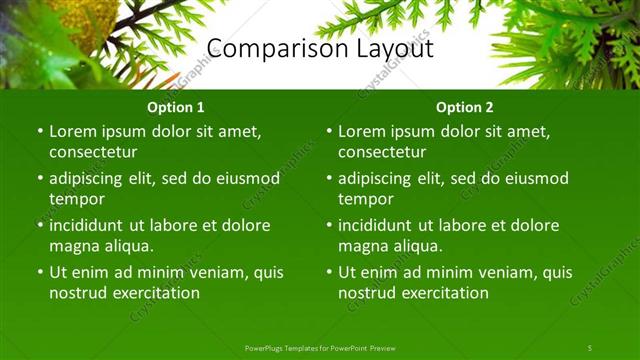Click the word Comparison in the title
(x=266, y=49)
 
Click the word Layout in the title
(x=386, y=49)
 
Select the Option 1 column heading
(x=176, y=107)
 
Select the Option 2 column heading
(x=465, y=107)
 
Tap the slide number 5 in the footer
(x=589, y=347)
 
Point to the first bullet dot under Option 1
(x=40, y=131)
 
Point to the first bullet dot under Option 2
(x=329, y=131)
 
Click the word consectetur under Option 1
(x=93, y=152)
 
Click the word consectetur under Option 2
(x=382, y=152)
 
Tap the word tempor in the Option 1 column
(x=76, y=199)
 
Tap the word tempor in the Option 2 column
(x=365, y=199)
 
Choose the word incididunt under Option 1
(x=91, y=225)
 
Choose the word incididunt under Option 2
(x=380, y=225)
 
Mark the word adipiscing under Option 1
(x=90, y=178)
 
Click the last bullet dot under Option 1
(x=40, y=272)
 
